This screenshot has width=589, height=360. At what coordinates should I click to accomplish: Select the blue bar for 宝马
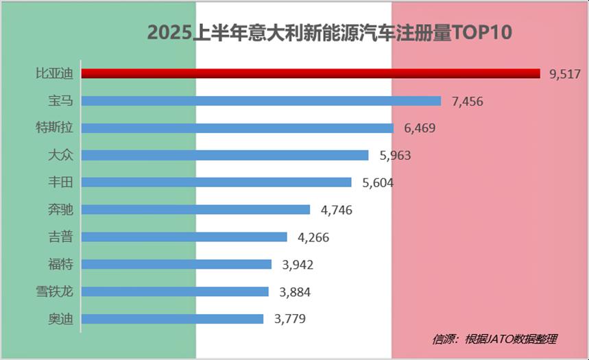[261, 101]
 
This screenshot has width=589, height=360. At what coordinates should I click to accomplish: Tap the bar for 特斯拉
[237, 128]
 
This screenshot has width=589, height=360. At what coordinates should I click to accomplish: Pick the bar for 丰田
[217, 182]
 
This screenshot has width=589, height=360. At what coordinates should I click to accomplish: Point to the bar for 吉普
[184, 237]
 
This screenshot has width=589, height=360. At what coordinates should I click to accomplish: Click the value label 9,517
[564, 74]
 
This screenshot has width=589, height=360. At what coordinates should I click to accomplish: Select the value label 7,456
[468, 101]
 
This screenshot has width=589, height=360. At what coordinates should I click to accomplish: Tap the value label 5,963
[395, 156]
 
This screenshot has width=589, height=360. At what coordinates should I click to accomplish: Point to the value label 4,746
[336, 210]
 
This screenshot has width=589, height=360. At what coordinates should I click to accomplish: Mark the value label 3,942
[298, 265]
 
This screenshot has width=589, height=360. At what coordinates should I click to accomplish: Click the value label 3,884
[295, 292]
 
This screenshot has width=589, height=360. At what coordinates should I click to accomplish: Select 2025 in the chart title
[169, 33]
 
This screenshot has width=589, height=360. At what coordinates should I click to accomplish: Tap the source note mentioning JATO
[494, 339]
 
